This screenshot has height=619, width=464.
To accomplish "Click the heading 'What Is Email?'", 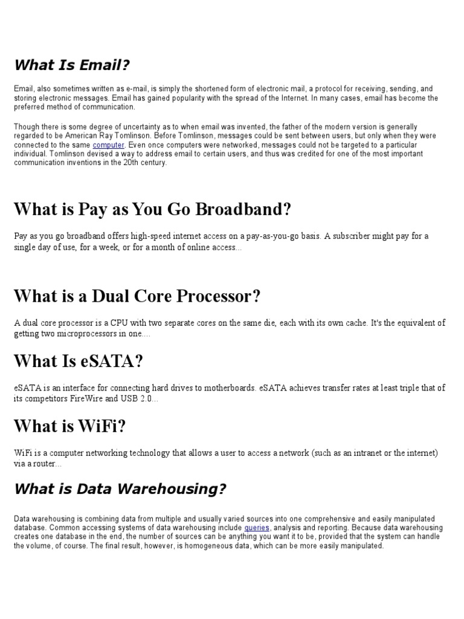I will (72, 65).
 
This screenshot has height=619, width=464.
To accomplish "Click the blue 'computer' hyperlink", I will (109, 145).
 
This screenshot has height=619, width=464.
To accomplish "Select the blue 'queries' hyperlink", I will (257, 528).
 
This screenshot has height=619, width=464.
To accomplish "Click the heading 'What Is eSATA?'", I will (79, 361).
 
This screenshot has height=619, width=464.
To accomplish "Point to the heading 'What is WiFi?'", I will (70, 427).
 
